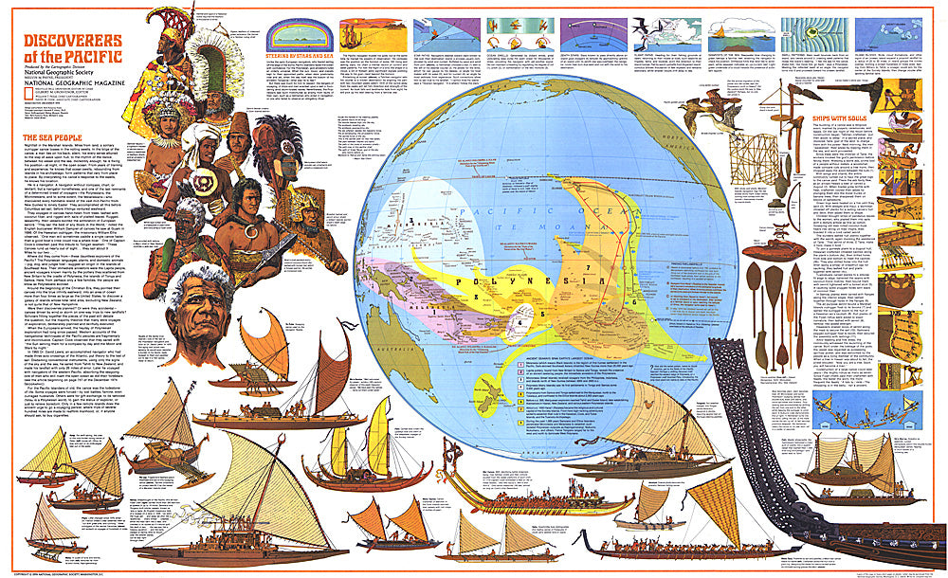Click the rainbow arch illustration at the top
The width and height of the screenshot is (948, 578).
coord(301,32)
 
